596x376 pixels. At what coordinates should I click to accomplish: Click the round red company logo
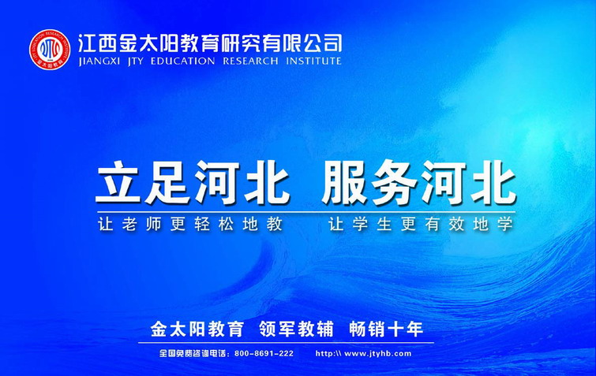point(50,50)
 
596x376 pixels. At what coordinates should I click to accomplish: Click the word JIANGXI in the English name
point(99,61)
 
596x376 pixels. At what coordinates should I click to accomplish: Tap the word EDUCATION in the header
point(182,61)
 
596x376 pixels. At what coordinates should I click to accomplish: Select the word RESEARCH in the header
point(250,61)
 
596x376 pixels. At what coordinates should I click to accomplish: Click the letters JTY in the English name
point(135,61)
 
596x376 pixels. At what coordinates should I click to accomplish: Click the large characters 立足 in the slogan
point(143,182)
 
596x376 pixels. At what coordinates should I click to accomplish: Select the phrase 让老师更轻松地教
point(190,224)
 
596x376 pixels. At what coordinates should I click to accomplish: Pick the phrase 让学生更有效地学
point(422,224)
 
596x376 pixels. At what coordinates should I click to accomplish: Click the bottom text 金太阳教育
point(197,329)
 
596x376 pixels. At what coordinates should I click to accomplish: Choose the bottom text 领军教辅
point(296,329)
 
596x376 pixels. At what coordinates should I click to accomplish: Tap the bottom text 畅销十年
point(386,329)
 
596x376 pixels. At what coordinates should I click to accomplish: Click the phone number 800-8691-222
point(264,354)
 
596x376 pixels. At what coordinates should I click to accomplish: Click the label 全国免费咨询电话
point(193,354)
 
